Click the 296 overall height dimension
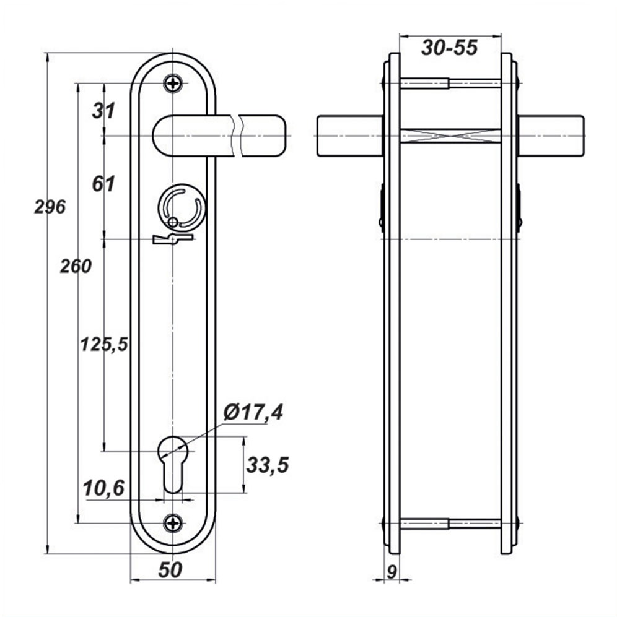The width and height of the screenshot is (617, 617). coord(50,207)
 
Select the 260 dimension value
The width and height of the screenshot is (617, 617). coord(76,266)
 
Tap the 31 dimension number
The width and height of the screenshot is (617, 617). coord(103,111)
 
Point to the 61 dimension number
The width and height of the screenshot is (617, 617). coord(103,184)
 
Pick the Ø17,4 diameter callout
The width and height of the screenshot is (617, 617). coord(253,413)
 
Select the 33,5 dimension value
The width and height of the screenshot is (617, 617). coord(268,465)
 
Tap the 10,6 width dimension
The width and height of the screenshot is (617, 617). coord(103,488)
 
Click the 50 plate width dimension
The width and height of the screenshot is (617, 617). coord(170,570)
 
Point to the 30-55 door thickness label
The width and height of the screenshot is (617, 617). coord(450,48)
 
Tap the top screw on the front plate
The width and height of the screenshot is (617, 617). coord(173,83)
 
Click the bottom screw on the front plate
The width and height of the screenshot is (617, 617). coord(173,524)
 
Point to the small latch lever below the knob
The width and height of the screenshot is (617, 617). coord(172,239)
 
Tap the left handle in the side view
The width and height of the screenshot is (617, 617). coord(350,136)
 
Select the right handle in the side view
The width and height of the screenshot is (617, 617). coord(551,136)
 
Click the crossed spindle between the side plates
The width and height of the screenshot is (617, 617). coord(450,136)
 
